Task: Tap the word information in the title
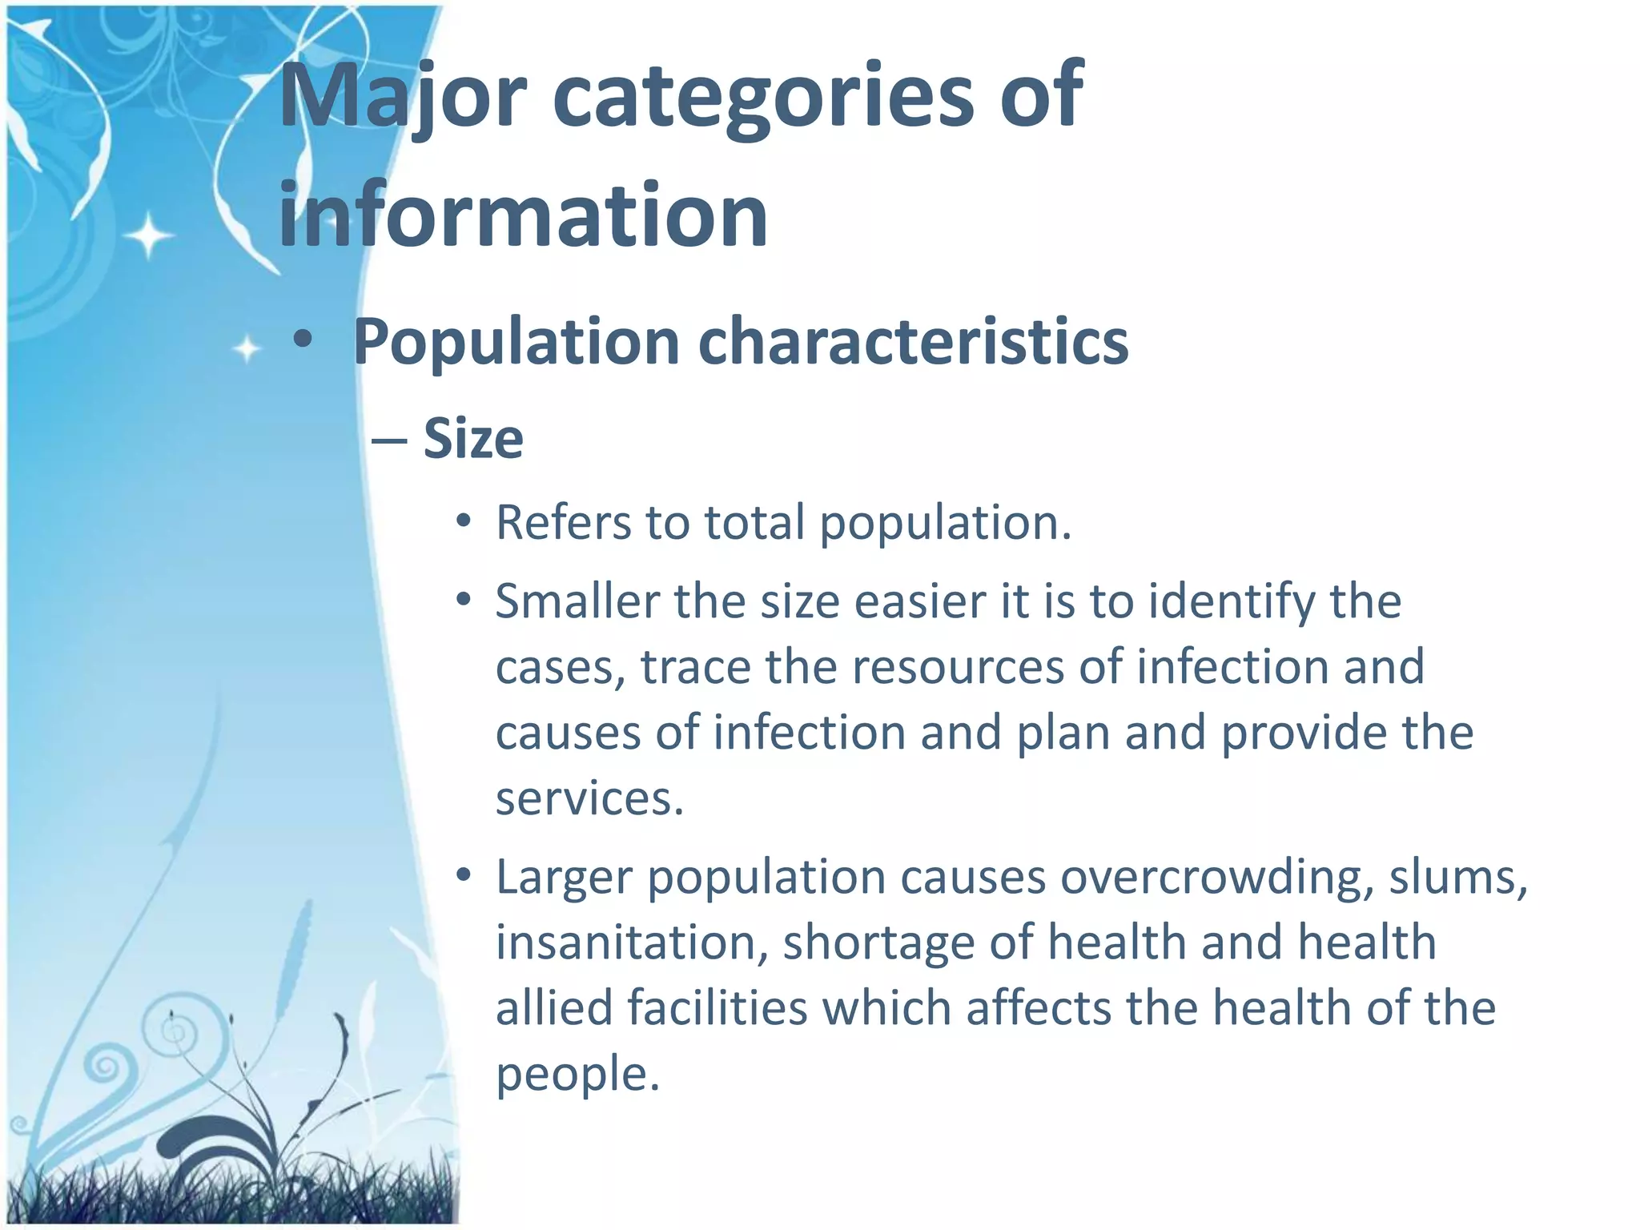(523, 215)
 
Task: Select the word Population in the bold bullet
(517, 342)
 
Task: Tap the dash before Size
(390, 441)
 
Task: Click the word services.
(589, 798)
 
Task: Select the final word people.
(577, 1074)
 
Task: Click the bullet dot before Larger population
(463, 876)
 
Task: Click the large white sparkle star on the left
(149, 235)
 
